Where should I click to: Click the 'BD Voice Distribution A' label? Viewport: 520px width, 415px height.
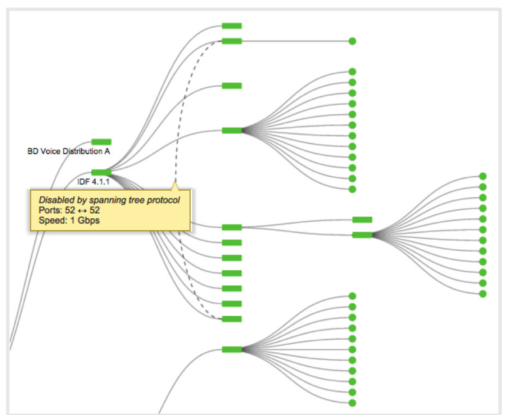click(69, 152)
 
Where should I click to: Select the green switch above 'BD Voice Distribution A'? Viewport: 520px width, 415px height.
click(101, 142)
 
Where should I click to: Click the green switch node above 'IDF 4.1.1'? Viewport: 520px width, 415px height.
click(101, 172)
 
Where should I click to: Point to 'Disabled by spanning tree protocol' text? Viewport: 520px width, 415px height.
click(109, 200)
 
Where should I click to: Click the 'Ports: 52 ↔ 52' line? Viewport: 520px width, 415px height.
click(69, 211)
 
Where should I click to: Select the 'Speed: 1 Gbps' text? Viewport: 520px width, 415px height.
click(69, 220)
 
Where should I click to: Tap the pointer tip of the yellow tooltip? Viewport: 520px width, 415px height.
click(175, 183)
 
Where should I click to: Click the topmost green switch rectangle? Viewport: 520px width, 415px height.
click(232, 26)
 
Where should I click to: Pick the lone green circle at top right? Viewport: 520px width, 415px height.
click(352, 41)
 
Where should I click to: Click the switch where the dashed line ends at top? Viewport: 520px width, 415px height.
click(232, 41)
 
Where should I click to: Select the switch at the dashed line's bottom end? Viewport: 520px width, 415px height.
click(232, 319)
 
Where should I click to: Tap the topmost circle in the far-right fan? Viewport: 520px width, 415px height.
click(483, 176)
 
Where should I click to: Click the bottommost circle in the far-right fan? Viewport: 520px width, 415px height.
click(483, 294)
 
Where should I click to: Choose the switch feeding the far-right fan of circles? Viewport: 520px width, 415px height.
click(362, 235)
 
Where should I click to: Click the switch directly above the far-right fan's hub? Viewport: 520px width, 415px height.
click(362, 220)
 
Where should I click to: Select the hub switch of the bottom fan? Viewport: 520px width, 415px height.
click(232, 350)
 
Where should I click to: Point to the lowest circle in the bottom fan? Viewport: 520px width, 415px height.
click(352, 403)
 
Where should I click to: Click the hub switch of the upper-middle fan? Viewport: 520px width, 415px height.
click(232, 130)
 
